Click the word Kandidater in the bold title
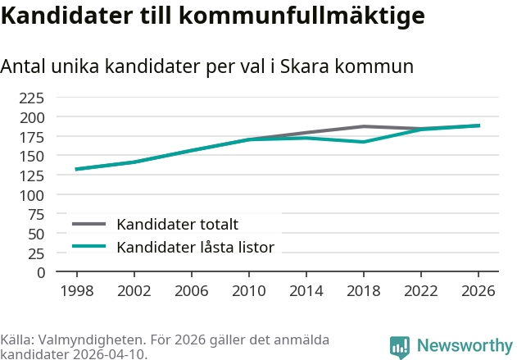66,16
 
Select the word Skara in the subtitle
304,66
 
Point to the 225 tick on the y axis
32,98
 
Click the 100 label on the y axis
32,195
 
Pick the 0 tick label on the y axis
41,273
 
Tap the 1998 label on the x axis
77,290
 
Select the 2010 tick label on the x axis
249,290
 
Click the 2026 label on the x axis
478,290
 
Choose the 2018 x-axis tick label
364,290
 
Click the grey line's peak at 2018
364,126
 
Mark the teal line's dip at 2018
364,142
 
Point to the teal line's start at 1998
76,169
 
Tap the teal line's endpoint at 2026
478,125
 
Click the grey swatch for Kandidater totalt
89,224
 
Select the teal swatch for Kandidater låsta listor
89,246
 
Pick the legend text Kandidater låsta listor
196,247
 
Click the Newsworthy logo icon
400,347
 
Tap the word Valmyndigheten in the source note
92,339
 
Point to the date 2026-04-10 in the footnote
110,354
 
